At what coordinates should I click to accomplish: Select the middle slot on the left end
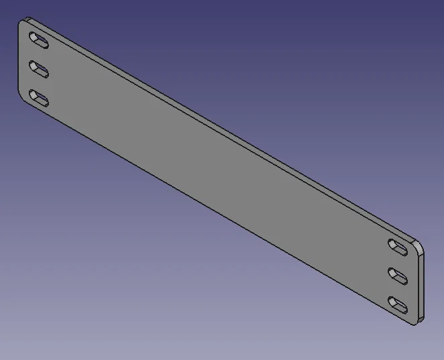tap(40, 70)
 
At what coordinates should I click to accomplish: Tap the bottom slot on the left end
tap(40, 99)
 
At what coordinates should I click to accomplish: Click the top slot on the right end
tap(399, 247)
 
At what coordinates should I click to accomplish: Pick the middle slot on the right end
tap(399, 276)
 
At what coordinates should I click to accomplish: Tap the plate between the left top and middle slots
tap(40, 56)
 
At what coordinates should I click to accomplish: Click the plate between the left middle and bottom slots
tap(40, 84)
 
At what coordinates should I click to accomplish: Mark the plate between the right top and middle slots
tap(399, 262)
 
